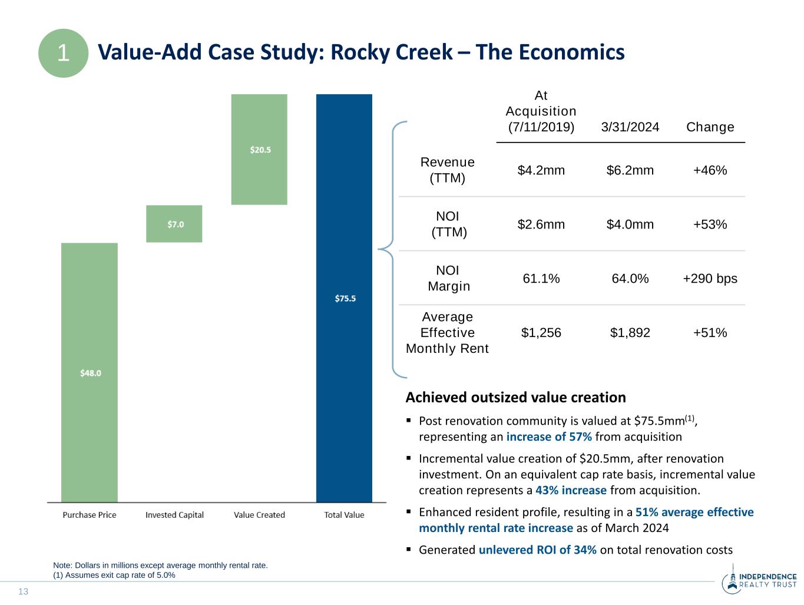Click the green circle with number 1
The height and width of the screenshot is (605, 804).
pyautogui.click(x=63, y=53)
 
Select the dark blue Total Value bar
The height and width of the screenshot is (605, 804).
pyautogui.click(x=344, y=298)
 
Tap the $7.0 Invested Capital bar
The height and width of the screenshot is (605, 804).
pyautogui.click(x=174, y=224)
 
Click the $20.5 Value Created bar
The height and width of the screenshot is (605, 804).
pyautogui.click(x=259, y=150)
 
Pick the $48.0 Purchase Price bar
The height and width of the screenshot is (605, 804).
pyautogui.click(x=90, y=372)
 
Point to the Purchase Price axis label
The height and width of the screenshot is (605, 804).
pyautogui.click(x=90, y=515)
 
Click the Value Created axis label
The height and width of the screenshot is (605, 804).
pyautogui.click(x=259, y=515)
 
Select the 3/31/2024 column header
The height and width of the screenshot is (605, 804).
pyautogui.click(x=630, y=127)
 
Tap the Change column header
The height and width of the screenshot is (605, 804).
pyautogui.click(x=710, y=127)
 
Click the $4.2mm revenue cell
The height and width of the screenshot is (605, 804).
pyautogui.click(x=541, y=170)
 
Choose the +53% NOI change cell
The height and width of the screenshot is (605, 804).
pyautogui.click(x=710, y=224)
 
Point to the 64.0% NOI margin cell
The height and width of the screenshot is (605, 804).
pyautogui.click(x=630, y=279)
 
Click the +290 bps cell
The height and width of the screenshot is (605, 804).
pyautogui.click(x=710, y=279)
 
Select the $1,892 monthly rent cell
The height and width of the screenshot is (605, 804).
pyautogui.click(x=630, y=333)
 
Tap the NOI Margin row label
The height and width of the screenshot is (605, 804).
pyautogui.click(x=448, y=278)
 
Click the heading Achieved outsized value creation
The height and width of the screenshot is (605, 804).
pyautogui.click(x=515, y=398)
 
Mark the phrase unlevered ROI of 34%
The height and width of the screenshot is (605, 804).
pyautogui.click(x=538, y=550)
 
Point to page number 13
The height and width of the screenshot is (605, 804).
pyautogui.click(x=24, y=591)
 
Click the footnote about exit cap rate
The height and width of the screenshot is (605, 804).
pyautogui.click(x=114, y=576)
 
